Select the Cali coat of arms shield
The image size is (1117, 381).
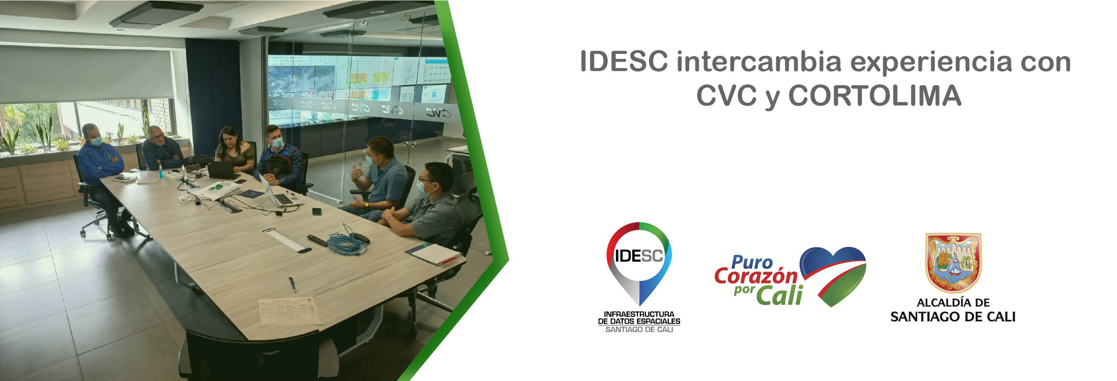pos(953,262)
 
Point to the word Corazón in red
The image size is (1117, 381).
pos(756,276)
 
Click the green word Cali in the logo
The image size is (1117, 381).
pos(779,296)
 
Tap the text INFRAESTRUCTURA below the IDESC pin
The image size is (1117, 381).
pos(639,314)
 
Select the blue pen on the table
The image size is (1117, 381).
pos(293,284)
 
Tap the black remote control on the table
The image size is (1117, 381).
pos(317,240)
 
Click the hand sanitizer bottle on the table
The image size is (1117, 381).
pos(161,172)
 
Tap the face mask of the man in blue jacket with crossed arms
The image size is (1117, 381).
pos(96,141)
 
